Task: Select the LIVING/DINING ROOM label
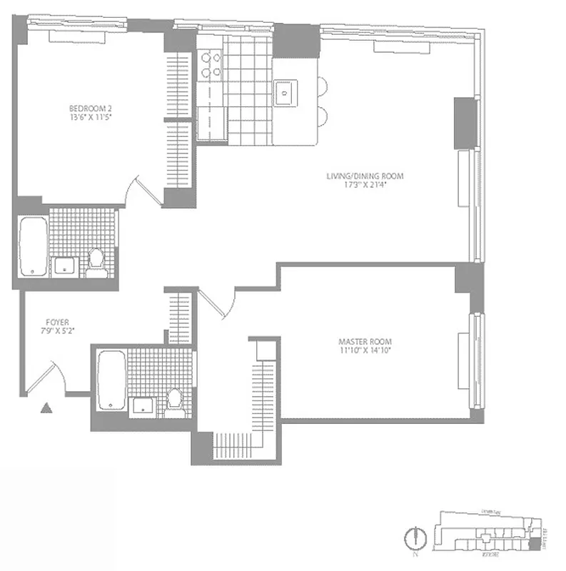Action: coord(354,176)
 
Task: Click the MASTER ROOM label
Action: coord(365,341)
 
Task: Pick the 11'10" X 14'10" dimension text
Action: coord(365,350)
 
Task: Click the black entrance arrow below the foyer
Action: coord(46,408)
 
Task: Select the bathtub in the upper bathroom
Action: coord(32,246)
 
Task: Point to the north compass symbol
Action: coord(411,537)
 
